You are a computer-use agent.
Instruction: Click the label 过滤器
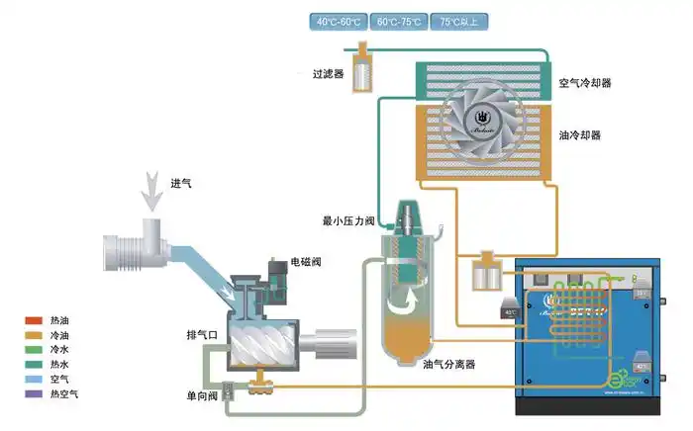tap(328, 74)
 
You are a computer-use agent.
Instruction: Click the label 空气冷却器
tap(584, 84)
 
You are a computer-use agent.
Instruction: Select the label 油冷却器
tap(580, 134)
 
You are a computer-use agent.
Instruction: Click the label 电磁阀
tap(305, 262)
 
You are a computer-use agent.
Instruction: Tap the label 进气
tap(181, 183)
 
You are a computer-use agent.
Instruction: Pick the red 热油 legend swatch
tap(34, 320)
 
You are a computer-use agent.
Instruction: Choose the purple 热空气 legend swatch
tap(34, 394)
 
